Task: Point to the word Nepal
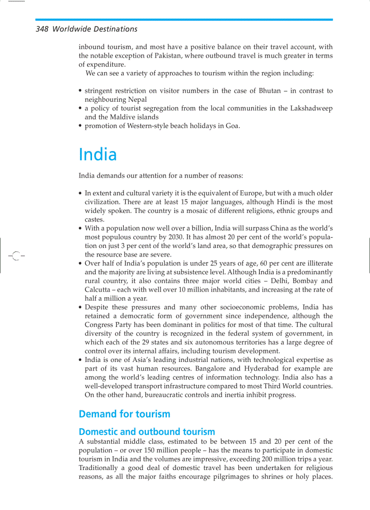[137, 99]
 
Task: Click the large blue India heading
[97, 154]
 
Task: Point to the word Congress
[97, 325]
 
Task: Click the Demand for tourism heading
[124, 414]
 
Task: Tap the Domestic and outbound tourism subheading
[146, 431]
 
